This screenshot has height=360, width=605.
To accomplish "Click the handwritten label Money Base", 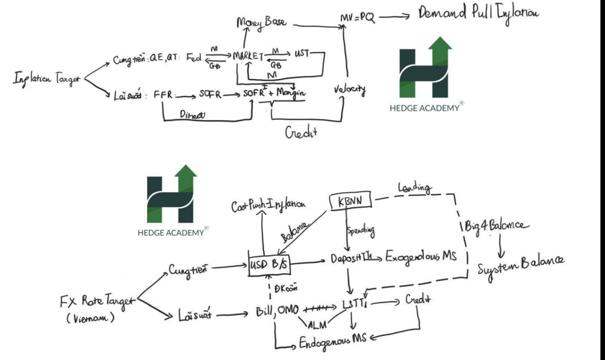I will pos(261,22).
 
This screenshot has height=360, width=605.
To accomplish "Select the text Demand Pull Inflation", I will pos(478,12).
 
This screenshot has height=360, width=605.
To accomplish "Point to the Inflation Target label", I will pos(47,79).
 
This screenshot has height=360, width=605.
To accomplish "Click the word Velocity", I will pos(349,90).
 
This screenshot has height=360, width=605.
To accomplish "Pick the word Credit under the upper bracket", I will pos(301,132).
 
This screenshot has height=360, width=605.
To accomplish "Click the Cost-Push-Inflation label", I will pos(269,205).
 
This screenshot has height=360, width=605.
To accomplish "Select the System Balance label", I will pos(521,261).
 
